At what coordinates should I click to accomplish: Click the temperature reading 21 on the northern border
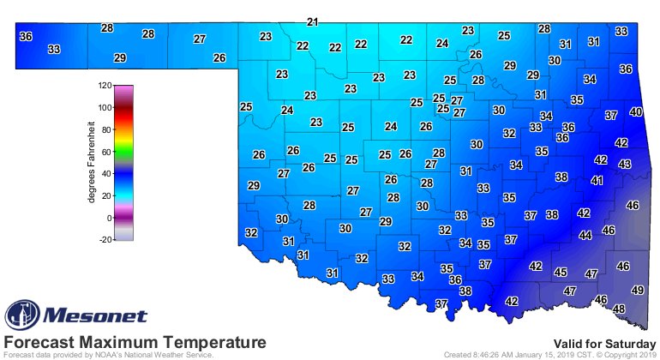[313, 21]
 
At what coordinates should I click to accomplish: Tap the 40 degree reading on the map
[635, 112]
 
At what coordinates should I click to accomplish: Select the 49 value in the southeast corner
[638, 291]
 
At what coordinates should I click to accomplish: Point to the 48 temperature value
[619, 309]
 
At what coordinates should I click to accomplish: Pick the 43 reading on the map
[625, 164]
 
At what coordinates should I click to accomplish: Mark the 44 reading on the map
[585, 235]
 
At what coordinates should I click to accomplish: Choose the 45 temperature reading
[561, 272]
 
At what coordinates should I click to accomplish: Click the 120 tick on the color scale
[104, 86]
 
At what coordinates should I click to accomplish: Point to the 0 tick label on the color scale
[108, 218]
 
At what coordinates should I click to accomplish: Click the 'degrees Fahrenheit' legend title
[91, 163]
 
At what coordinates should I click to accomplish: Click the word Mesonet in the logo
[95, 315]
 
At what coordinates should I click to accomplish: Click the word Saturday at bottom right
[630, 342]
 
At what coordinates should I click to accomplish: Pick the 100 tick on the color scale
[104, 108]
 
